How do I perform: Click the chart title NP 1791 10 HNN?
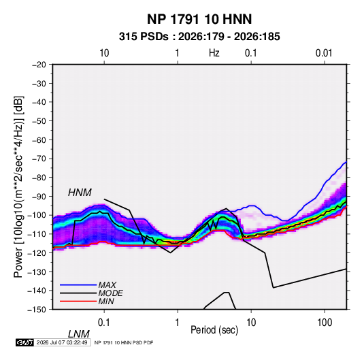pyautogui.click(x=199, y=19)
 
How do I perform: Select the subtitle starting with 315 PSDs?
pyautogui.click(x=199, y=37)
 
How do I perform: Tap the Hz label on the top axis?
pyautogui.click(x=214, y=53)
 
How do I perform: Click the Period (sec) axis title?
pyautogui.click(x=214, y=330)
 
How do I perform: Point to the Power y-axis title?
pyautogui.click(x=18, y=186)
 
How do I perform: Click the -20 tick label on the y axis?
pyautogui.click(x=39, y=65)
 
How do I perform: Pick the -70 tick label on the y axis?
pyautogui.click(x=39, y=159)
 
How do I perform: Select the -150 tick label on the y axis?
pyautogui.click(x=37, y=310)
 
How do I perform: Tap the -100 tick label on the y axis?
pyautogui.click(x=37, y=215)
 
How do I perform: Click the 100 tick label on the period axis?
pyautogui.click(x=325, y=323)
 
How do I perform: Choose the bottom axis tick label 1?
pyautogui.click(x=178, y=323)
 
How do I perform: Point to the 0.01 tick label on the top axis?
pyautogui.click(x=324, y=53)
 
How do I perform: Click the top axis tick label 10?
pyautogui.click(x=104, y=53)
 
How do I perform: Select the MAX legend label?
pyautogui.click(x=107, y=284)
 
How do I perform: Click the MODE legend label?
pyautogui.click(x=110, y=293)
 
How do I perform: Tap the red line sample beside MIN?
pyautogui.click(x=78, y=301)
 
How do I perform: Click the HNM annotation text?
pyautogui.click(x=80, y=193)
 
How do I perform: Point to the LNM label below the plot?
pyautogui.click(x=78, y=334)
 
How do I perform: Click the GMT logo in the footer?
pyautogui.click(x=25, y=342)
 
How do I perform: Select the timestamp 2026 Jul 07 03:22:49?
pyautogui.click(x=62, y=342)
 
